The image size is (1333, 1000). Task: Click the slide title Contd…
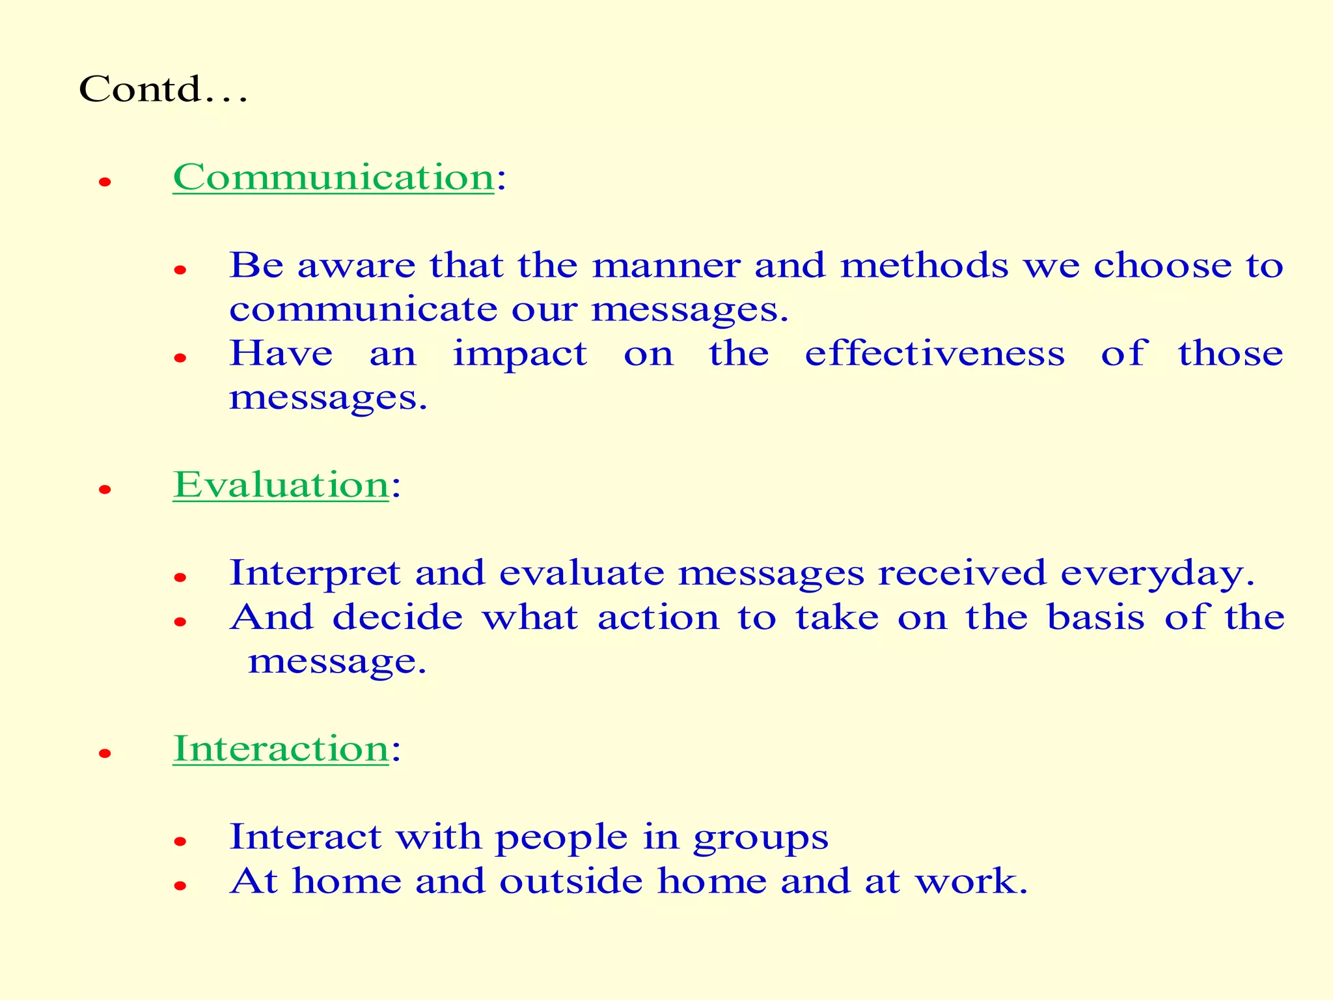[x=163, y=89]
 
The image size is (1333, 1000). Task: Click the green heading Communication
[x=333, y=177]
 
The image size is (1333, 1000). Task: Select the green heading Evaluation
[x=281, y=485]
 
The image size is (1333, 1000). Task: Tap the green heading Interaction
[x=281, y=749]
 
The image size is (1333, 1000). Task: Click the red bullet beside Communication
[x=105, y=182]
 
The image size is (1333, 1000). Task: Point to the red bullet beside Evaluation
[x=105, y=490]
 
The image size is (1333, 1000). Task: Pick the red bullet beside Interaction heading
[x=105, y=754]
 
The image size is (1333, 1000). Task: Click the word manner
[x=666, y=266]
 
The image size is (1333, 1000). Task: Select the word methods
[x=924, y=266]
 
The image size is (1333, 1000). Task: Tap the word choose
[x=1162, y=266]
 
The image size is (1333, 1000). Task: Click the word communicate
[x=363, y=309]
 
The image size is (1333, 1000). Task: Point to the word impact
[x=520, y=355]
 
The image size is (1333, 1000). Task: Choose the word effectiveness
[x=935, y=354]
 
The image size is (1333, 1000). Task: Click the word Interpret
[x=314, y=574]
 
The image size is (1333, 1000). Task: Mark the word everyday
[x=1157, y=574]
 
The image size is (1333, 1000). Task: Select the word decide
[x=397, y=617]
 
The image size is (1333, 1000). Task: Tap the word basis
[x=1095, y=617]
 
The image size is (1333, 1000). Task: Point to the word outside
[x=571, y=882]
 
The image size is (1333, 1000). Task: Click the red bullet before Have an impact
[x=180, y=357]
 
